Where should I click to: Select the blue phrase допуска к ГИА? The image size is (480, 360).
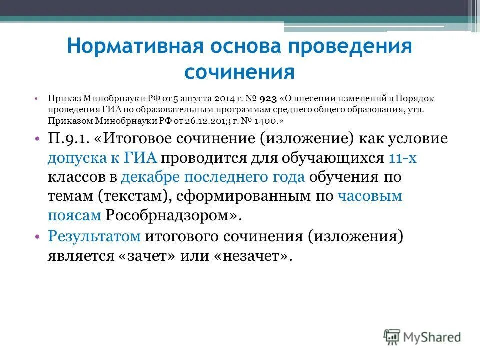click(103, 158)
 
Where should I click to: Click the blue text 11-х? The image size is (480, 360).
click(402, 158)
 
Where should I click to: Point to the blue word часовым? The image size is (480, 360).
click(370, 196)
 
